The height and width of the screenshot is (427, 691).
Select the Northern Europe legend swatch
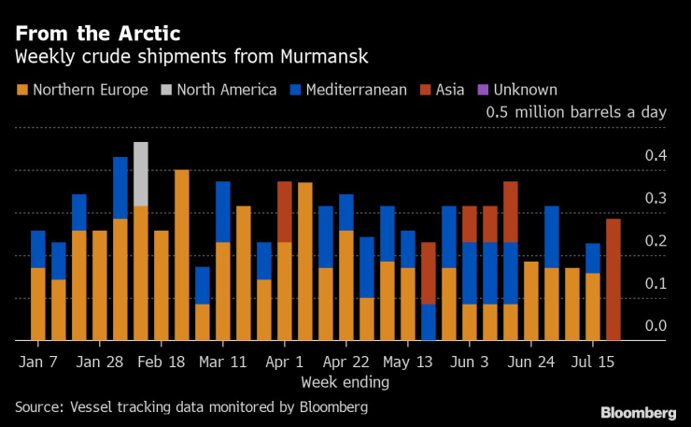tap(21, 91)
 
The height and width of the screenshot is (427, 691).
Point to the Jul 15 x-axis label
tap(594, 361)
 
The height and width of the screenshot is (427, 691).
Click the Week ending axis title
tap(345, 381)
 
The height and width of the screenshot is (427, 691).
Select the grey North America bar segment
tap(141, 174)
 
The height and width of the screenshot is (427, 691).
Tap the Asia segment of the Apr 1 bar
tap(285, 211)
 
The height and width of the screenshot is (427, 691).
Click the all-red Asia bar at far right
tap(613, 279)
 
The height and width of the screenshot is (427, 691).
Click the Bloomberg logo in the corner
tap(638, 412)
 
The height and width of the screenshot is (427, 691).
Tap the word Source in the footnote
tap(38, 406)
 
